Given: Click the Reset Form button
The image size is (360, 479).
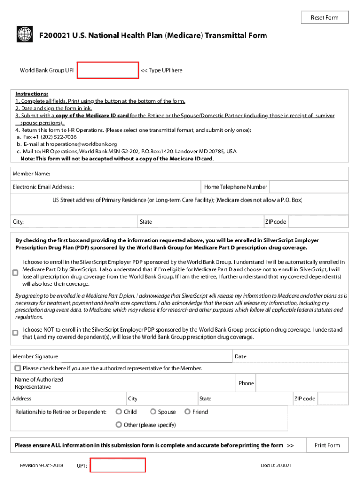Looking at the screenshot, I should [x=324, y=18].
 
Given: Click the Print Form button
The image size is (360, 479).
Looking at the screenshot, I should [x=327, y=445].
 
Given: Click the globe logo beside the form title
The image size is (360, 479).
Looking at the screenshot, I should [x=24, y=34].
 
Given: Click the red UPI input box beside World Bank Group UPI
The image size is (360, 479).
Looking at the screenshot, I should [x=108, y=70].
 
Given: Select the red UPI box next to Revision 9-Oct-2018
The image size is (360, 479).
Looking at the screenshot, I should [x=118, y=466].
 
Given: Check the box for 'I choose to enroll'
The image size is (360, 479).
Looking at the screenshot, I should [x=15, y=273].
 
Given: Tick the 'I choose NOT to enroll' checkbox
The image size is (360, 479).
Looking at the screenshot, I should [x=15, y=333].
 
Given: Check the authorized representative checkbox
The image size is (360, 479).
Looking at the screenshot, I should [x=18, y=368].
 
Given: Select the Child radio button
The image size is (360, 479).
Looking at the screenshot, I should [x=119, y=412].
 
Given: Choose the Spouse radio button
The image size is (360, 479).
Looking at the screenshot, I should [x=153, y=412].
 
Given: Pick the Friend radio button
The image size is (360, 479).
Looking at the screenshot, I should [x=187, y=412].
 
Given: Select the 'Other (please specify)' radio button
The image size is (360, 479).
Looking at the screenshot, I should [x=119, y=425].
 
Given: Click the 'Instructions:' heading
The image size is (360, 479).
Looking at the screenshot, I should [x=32, y=94].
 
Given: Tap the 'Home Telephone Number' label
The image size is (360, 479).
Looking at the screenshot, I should [x=236, y=187].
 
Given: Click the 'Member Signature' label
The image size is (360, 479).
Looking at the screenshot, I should [x=36, y=356].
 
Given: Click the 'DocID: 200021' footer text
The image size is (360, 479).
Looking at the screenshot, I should [x=276, y=466].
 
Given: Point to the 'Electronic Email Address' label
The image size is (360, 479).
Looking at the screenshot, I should [x=43, y=187].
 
